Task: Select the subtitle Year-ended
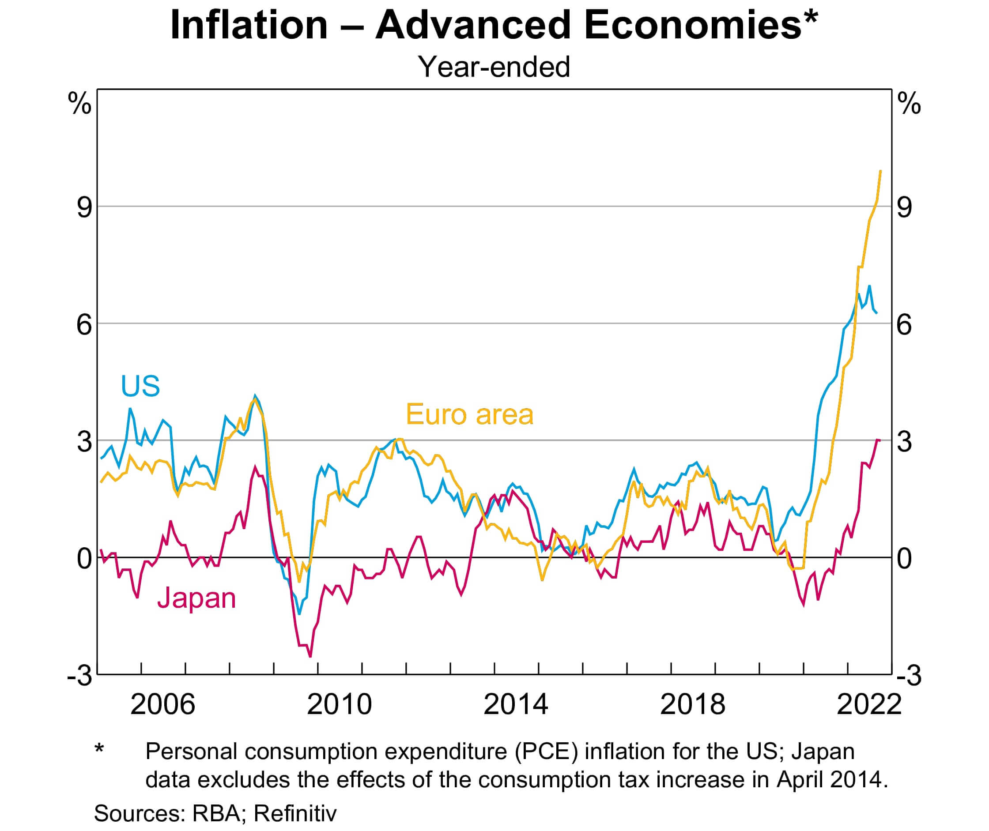click(x=494, y=67)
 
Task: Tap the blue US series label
click(x=140, y=386)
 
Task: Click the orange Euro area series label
click(x=469, y=414)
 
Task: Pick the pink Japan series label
click(x=196, y=598)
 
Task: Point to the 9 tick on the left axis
click(x=84, y=207)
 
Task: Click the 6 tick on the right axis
click(x=904, y=324)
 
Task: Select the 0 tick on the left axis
click(x=84, y=559)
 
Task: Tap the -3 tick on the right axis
click(x=909, y=676)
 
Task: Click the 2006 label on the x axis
click(x=162, y=704)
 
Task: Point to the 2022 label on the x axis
click(x=868, y=704)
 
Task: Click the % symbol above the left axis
click(x=79, y=103)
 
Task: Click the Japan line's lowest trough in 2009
click(x=310, y=656)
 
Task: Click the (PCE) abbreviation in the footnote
click(x=546, y=751)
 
